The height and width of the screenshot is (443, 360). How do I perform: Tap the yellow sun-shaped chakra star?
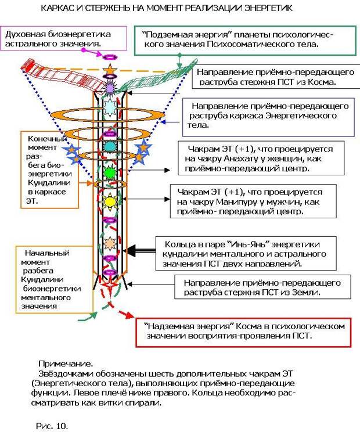tap(110, 201)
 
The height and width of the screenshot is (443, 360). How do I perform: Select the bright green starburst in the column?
tap(109, 171)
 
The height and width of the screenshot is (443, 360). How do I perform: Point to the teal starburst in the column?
tap(109, 147)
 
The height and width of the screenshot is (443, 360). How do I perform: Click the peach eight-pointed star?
tap(110, 243)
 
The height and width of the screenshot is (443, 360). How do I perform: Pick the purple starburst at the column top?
tap(109, 88)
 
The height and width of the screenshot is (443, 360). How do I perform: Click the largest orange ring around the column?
tap(107, 114)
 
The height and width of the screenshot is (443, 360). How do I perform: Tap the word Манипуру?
tap(233, 202)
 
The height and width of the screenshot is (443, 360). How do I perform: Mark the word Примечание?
tap(66, 363)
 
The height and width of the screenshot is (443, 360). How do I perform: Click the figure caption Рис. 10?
tap(52, 426)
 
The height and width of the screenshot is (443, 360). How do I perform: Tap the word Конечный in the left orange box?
tap(46, 138)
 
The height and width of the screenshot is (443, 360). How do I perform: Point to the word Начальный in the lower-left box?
tap(47, 253)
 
